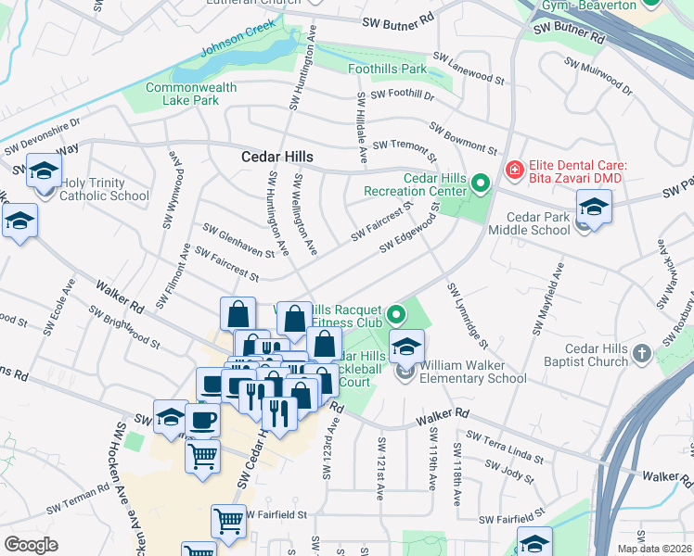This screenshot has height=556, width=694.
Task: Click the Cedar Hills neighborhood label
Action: click(x=277, y=157)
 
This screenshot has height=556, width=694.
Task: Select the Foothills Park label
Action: click(x=387, y=69)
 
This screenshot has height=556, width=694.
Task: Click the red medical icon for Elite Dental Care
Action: click(x=513, y=170)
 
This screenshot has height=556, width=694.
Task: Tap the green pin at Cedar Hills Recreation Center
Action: click(x=480, y=183)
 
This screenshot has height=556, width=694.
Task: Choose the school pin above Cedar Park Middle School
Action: click(x=594, y=205)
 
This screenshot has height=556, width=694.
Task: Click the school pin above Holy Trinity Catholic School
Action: click(x=44, y=171)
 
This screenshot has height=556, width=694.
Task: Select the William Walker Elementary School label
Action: click(x=472, y=372)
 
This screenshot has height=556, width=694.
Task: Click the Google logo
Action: click(x=31, y=545)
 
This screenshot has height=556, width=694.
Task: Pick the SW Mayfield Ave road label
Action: click(x=547, y=298)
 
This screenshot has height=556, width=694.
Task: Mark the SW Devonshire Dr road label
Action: click(x=42, y=135)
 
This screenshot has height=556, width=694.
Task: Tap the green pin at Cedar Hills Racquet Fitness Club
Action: click(x=397, y=315)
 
